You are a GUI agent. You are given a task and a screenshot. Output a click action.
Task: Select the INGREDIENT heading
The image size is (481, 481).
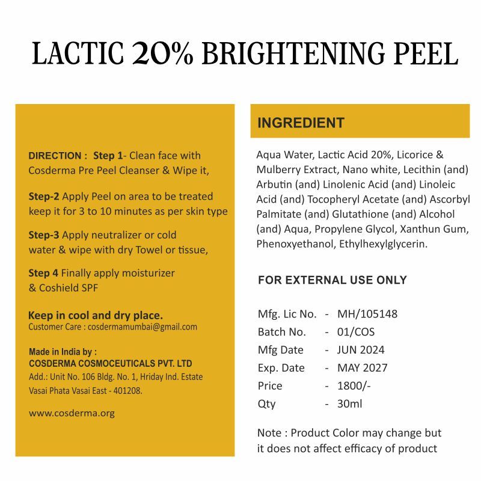coord(301,123)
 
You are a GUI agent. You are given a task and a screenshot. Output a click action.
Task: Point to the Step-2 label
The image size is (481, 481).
coord(44,197)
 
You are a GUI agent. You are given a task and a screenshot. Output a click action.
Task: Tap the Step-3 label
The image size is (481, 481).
coord(44,235)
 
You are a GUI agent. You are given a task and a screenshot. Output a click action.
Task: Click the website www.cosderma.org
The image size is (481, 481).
coord(72,413)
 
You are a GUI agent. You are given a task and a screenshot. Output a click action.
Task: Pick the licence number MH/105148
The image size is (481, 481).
coord(367,314)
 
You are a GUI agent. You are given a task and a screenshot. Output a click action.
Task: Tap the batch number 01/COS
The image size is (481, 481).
coord(356,332)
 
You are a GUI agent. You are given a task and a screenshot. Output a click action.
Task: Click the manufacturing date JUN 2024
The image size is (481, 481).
coord(361,350)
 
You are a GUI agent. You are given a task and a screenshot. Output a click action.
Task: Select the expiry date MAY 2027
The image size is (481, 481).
coord(363,368)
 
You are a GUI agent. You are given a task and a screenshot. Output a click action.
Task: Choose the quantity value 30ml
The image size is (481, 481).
coord(350,404)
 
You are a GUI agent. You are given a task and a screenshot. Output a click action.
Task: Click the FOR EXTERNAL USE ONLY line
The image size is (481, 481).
coord(332,280)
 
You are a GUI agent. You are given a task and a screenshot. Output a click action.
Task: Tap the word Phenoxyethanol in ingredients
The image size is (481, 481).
coord(295,244)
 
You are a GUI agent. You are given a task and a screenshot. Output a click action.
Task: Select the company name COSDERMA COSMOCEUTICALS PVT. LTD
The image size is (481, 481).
coord(111,364)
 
